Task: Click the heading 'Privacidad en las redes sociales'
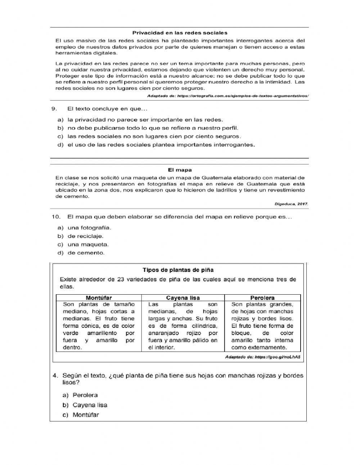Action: click(180, 33)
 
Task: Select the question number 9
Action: click(54, 108)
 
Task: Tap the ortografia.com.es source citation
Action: click(228, 96)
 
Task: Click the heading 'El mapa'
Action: click(180, 170)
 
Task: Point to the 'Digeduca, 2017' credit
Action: click(291, 204)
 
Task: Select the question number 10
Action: click(55, 217)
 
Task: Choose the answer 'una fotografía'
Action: click(89, 228)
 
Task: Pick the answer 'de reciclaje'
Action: click(85, 236)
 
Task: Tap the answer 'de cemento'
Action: click(86, 253)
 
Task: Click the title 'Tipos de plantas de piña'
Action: click(178, 270)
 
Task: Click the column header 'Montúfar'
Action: click(99, 298)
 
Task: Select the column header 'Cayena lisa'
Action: click(183, 298)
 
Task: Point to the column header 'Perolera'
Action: click(262, 298)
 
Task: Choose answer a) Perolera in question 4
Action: click(85, 395)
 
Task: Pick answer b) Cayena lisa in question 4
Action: click(90, 405)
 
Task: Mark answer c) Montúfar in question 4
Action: click(86, 415)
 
